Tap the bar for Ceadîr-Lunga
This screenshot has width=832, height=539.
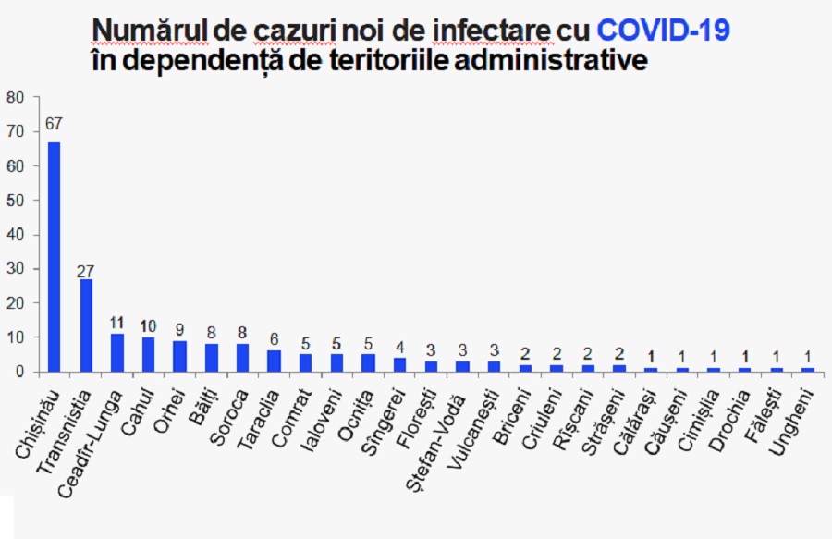[117, 353]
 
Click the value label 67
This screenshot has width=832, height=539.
[54, 123]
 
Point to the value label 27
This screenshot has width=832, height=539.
[86, 271]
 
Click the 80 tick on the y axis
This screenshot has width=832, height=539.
[15, 97]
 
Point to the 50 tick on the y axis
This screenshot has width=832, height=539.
[15, 200]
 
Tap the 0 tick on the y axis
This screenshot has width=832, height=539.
[19, 373]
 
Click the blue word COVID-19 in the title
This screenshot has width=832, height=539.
[664, 31]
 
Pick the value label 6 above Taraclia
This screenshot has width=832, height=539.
[274, 339]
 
